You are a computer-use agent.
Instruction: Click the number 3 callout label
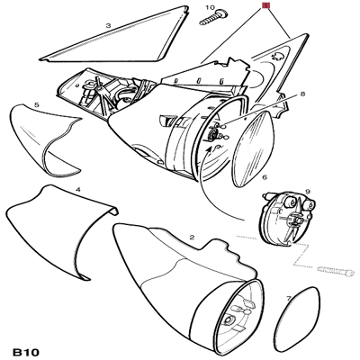pyautogui.click(x=107, y=27)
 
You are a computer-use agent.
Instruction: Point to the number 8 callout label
pyautogui.click(x=302, y=94)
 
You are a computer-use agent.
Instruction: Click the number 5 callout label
pyautogui.click(x=36, y=105)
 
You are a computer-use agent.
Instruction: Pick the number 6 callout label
pyautogui.click(x=264, y=177)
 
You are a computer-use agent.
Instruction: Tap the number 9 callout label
pyautogui.click(x=307, y=192)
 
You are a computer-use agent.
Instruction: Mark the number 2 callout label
pyautogui.click(x=191, y=237)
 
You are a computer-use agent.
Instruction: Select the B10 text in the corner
pyautogui.click(x=29, y=346)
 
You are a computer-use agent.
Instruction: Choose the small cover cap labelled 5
pyautogui.click(x=45, y=139)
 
